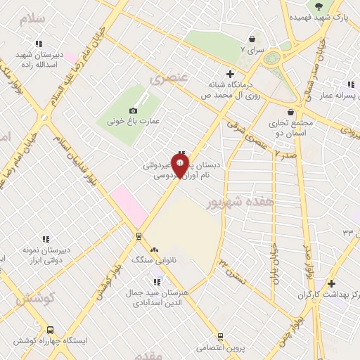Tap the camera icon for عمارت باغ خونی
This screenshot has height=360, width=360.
tap(134, 110)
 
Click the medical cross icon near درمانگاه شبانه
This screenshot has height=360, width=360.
tap(230, 74)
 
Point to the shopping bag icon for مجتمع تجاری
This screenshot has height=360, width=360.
tap(291, 112)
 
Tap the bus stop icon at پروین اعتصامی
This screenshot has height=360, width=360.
tap(220, 337)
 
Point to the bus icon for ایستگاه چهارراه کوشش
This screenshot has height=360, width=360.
tap(50, 330)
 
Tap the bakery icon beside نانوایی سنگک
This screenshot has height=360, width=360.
tap(155, 250)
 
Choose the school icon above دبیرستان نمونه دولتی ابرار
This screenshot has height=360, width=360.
tap(46, 239)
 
